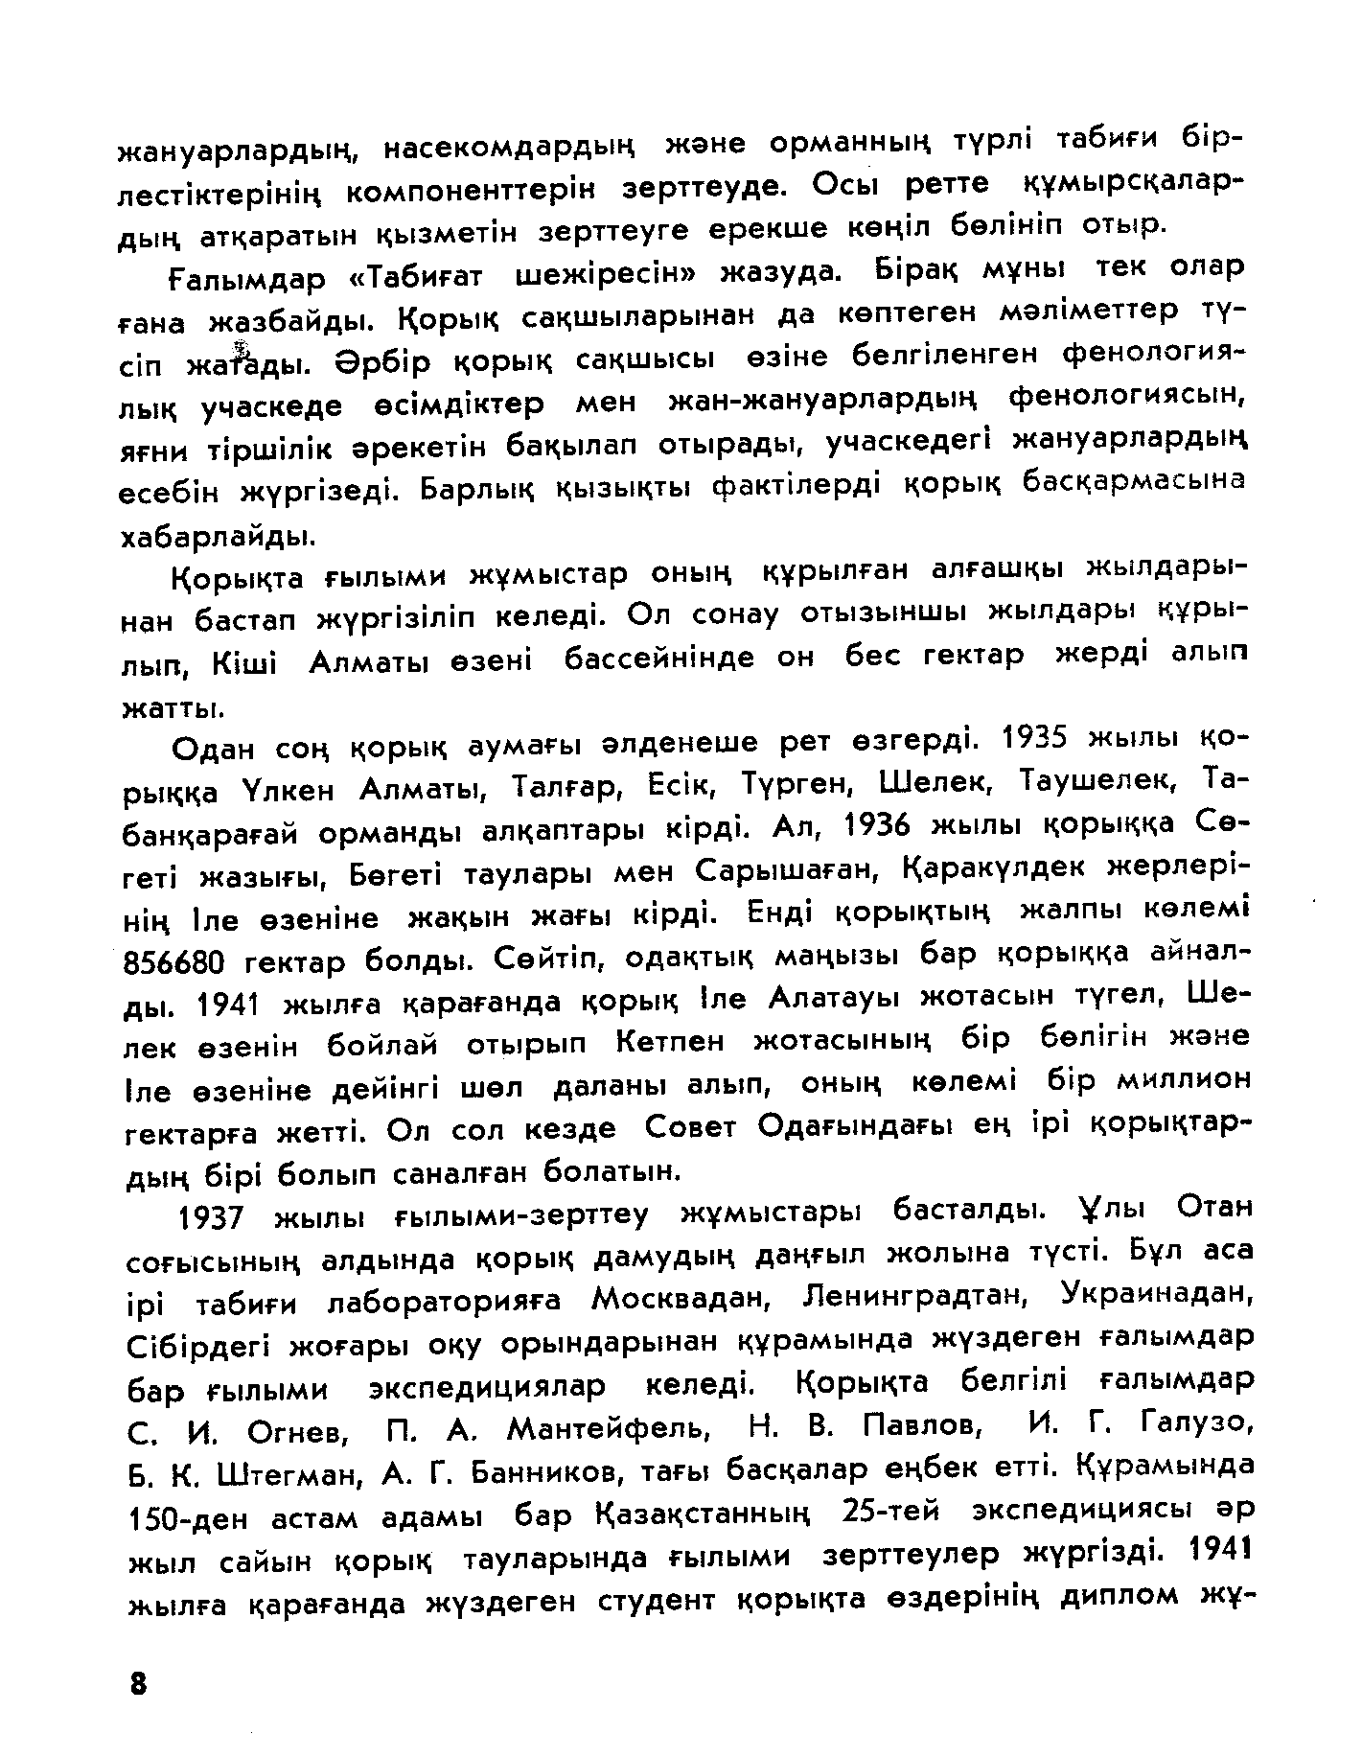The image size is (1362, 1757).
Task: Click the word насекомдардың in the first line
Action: point(509,148)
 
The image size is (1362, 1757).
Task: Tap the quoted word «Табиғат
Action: point(413,278)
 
